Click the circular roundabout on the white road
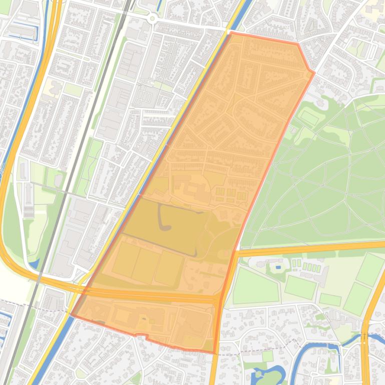[x=152, y=18]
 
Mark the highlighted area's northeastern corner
[x=314, y=73]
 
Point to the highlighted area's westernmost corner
[x=71, y=316]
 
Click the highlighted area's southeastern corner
[x=216, y=353]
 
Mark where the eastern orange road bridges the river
[x=364, y=338]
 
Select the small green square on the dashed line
[x=268, y=356]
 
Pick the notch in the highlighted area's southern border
[x=141, y=336]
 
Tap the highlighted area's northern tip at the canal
[x=231, y=33]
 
